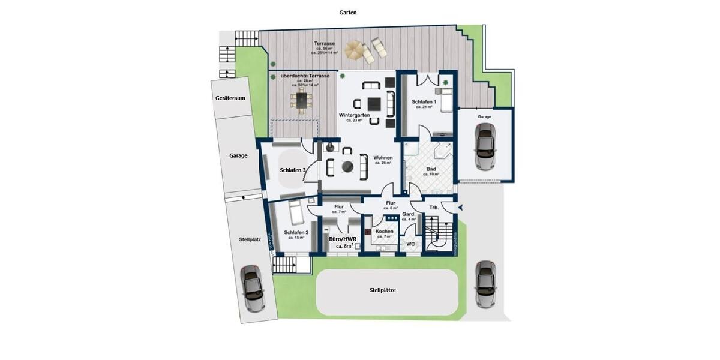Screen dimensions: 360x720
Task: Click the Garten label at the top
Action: point(348,12)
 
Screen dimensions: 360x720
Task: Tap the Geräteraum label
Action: point(230,98)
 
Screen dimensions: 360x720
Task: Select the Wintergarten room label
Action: point(354,115)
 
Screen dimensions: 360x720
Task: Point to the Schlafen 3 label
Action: point(293,170)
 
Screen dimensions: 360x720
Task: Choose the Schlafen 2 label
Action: point(296,233)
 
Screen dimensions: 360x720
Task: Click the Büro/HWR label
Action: point(343,239)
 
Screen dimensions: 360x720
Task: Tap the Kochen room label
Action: point(384,231)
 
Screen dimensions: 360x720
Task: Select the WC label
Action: point(411,244)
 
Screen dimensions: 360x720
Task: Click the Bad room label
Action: point(431,169)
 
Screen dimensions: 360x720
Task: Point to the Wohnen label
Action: point(383,158)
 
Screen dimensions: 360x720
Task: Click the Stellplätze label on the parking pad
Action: point(383,290)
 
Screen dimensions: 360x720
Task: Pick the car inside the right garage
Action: point(484,146)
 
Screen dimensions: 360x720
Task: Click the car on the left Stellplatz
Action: point(253,289)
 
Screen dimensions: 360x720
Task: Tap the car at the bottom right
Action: point(484,284)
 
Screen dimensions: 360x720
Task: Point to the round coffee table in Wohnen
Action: point(347,166)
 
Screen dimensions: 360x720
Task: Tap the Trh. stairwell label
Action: point(433,208)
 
